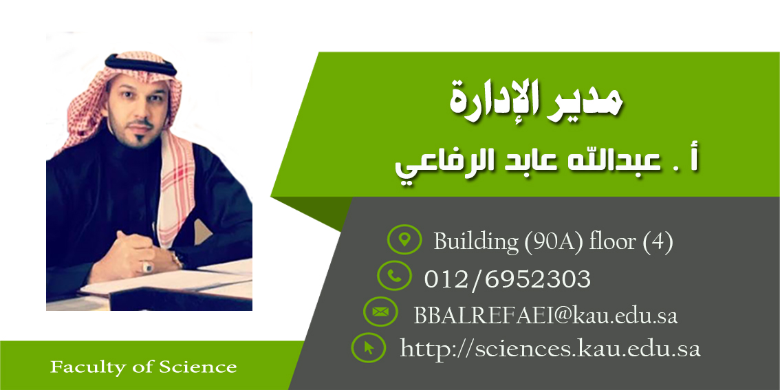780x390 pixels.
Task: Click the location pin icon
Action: [x=404, y=240]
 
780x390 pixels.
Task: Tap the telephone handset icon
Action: [x=394, y=276]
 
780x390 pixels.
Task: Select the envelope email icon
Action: [x=380, y=312]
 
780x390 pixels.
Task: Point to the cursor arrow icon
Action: [x=369, y=348]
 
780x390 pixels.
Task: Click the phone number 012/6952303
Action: [x=508, y=279]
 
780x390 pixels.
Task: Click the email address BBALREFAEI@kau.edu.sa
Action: [x=545, y=316]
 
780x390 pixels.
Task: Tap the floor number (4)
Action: [x=658, y=242]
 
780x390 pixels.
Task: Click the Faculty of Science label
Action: [x=143, y=367]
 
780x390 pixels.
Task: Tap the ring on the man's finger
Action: [x=148, y=267]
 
